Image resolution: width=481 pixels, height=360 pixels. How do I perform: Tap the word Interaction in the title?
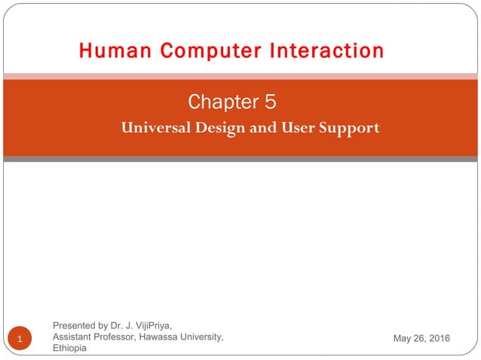(318, 51)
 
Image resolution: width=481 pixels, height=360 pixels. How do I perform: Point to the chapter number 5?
(270, 101)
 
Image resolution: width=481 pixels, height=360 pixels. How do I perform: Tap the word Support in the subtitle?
(349, 127)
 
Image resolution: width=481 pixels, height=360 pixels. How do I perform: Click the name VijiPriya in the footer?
(152, 325)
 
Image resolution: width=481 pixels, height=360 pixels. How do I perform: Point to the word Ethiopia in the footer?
(69, 348)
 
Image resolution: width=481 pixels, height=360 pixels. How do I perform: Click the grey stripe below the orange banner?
(240, 159)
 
